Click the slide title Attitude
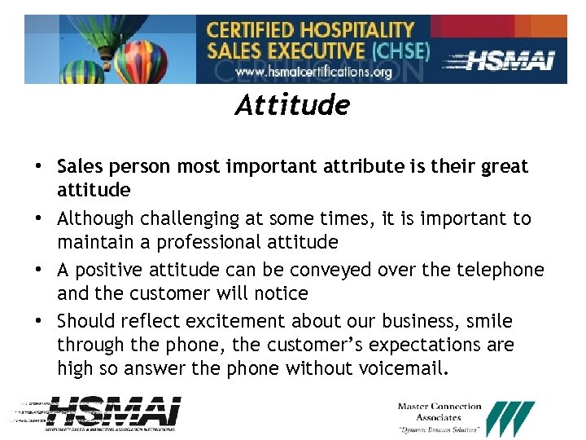click(292, 106)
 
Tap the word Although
click(95, 219)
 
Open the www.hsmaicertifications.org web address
click(313, 72)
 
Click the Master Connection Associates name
click(439, 412)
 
